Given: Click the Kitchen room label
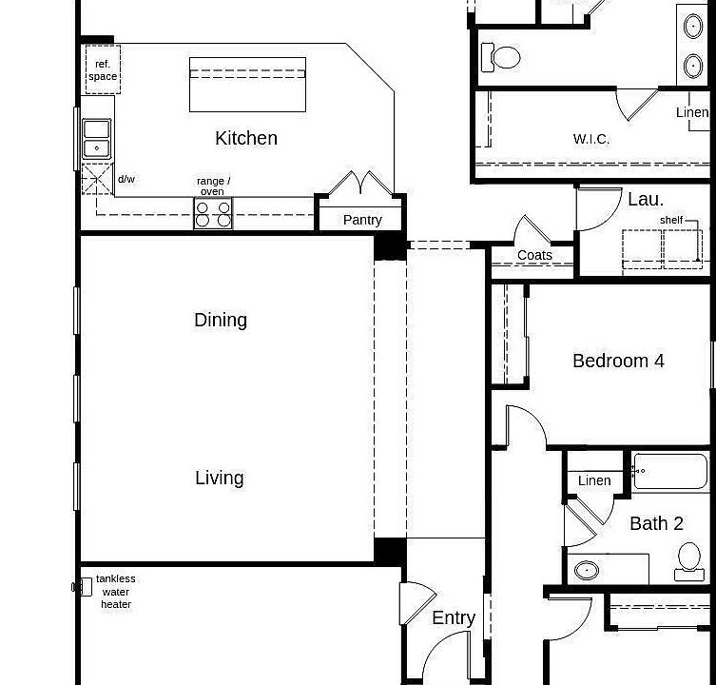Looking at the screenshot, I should (246, 139).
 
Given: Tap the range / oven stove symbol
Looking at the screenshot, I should (213, 214).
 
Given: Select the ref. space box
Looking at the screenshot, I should (103, 70).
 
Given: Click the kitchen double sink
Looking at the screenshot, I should (96, 139).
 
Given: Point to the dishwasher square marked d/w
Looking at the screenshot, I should (97, 179).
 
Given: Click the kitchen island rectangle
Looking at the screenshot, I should (247, 85).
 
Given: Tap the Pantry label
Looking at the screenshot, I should (362, 220).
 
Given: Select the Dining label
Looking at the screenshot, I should (221, 320).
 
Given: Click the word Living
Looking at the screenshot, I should (220, 478).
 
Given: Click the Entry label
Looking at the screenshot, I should (454, 617).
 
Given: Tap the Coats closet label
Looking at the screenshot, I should (534, 255).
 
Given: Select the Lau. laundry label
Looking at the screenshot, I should (646, 199).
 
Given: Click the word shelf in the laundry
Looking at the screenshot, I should (671, 220).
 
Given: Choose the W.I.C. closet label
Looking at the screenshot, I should (591, 139).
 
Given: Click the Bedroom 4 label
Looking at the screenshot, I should (618, 361).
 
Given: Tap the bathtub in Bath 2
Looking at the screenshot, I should (670, 471).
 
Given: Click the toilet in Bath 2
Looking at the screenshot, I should (689, 560).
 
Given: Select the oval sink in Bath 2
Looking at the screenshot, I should (587, 571).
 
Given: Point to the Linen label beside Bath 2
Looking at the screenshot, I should (594, 480).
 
